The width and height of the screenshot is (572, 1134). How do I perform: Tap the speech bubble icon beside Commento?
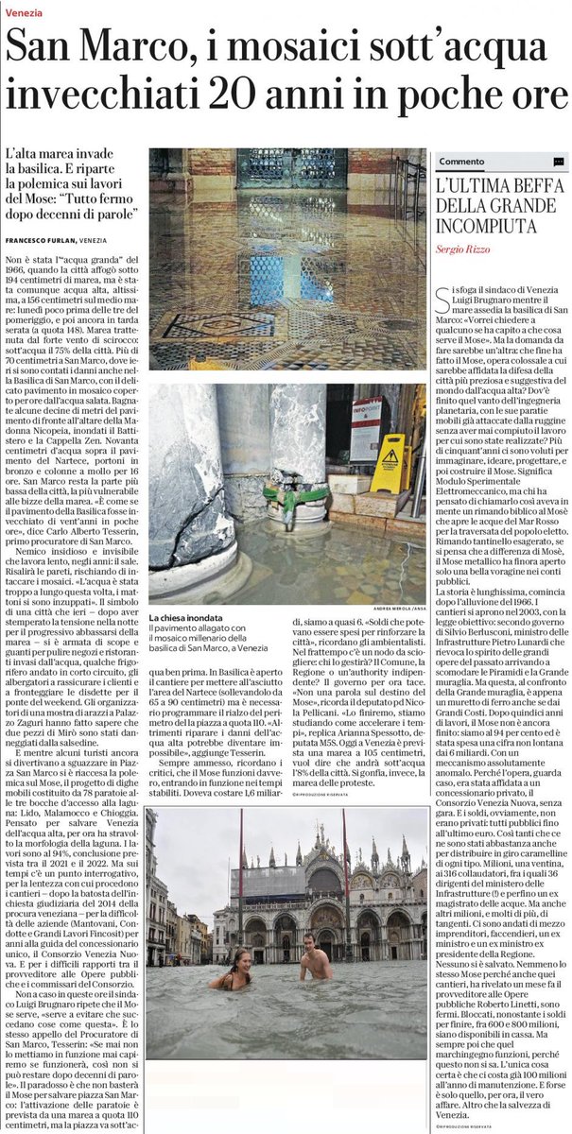pyautogui.click(x=559, y=162)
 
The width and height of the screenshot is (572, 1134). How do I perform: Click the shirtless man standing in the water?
pyautogui.click(x=312, y=957)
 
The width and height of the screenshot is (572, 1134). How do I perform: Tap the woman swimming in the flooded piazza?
pyautogui.click(x=235, y=972)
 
